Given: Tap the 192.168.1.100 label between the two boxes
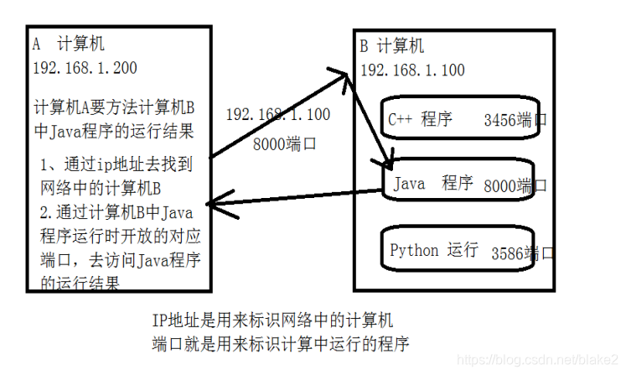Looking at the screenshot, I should coord(278,115).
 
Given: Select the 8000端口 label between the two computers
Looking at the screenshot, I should coord(285,143).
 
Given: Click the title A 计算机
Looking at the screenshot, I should coord(69,44).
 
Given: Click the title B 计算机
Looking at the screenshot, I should coord(392,45).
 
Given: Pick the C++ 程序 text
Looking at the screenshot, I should coord(421,119).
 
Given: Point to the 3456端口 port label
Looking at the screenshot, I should coord(515,121).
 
